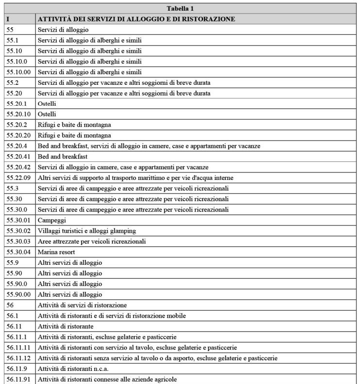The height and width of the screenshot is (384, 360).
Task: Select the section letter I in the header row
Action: tap(8, 19)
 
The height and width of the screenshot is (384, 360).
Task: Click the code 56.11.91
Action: tap(17, 379)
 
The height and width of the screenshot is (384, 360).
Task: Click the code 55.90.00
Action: tap(17, 293)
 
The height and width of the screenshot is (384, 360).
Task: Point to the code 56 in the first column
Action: tap(10, 304)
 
